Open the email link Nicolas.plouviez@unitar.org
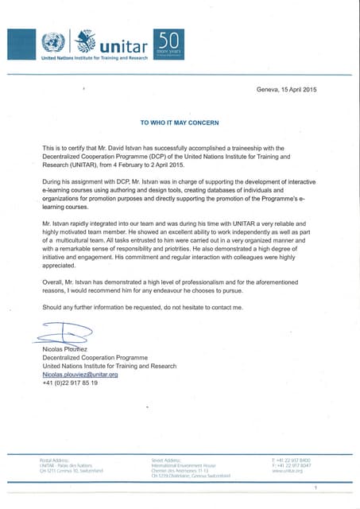(x=79, y=374)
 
